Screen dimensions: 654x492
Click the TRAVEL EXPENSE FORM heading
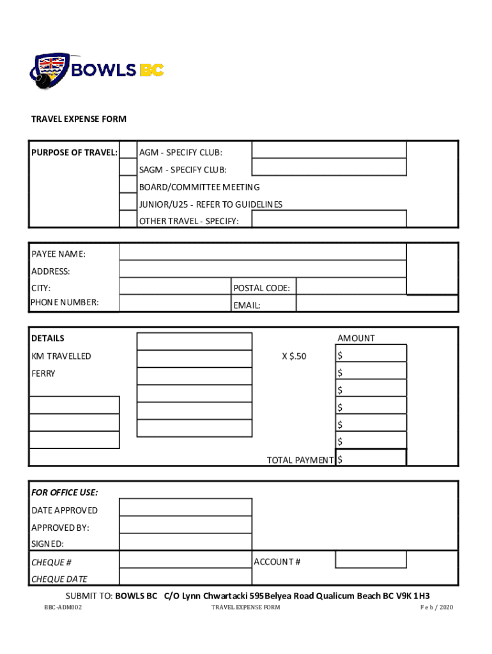[79, 119]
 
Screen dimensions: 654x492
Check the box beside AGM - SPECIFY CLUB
[128, 152]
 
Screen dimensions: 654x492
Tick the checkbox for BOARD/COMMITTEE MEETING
[128, 186]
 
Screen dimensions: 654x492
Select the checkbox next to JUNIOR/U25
[128, 204]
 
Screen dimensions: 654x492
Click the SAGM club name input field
[329, 167]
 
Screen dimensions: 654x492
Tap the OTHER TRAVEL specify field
[329, 219]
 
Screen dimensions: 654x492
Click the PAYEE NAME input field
[262, 252]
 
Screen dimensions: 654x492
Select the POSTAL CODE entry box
[351, 287]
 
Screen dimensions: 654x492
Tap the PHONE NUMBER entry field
[175, 303]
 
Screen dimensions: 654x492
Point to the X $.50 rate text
[295, 356]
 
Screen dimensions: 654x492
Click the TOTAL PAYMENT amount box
[371, 458]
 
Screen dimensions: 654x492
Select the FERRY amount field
[371, 371]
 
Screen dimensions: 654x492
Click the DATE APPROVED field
[185, 508]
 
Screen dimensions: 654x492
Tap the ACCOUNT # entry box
[371, 559]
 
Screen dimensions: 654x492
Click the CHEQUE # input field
[185, 560]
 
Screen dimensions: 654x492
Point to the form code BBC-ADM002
[58, 607]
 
